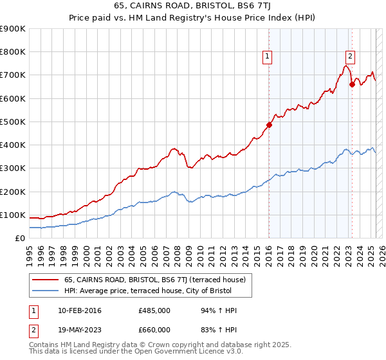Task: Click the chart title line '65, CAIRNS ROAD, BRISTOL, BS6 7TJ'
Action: tap(192, 7)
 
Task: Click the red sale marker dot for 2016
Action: tap(269, 125)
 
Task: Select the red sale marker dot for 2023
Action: tap(352, 84)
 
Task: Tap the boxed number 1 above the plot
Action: tap(267, 57)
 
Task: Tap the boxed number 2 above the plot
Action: tap(350, 57)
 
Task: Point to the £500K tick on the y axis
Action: tap(13, 122)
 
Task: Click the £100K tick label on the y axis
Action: tap(13, 215)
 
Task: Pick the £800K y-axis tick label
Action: tap(13, 52)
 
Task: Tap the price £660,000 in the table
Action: tap(154, 329)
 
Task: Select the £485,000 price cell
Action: tap(154, 311)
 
